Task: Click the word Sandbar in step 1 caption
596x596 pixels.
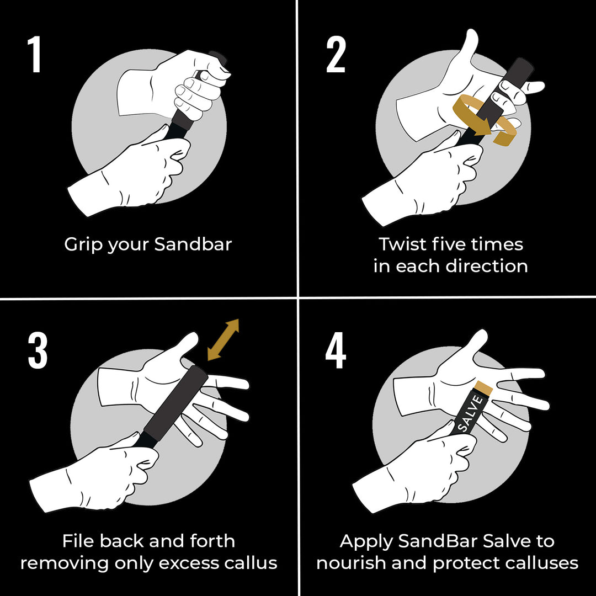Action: (193, 244)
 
